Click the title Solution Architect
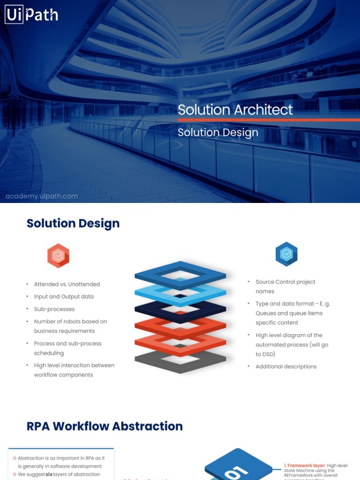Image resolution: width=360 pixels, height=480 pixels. click(x=235, y=110)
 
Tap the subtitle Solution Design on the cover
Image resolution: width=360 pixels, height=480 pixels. click(x=217, y=133)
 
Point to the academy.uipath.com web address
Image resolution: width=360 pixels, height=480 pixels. click(x=42, y=196)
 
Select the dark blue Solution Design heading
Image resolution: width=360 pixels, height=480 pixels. click(x=73, y=223)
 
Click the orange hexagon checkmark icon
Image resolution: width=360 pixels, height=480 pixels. click(x=58, y=256)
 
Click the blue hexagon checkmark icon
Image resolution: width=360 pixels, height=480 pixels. click(x=286, y=254)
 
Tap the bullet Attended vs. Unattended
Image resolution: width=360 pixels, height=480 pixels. click(x=67, y=284)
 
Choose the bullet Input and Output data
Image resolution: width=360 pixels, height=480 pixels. click(x=64, y=297)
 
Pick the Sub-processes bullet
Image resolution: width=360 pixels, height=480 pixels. click(x=54, y=309)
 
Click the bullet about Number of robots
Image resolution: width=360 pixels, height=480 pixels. click(x=70, y=326)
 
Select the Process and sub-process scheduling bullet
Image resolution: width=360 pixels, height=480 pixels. click(x=67, y=348)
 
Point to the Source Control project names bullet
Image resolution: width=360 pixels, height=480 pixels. click(x=285, y=286)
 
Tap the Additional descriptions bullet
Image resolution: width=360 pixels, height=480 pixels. click(x=286, y=367)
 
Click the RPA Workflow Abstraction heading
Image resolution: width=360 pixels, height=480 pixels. click(x=105, y=426)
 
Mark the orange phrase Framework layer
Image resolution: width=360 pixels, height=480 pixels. click(x=306, y=465)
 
